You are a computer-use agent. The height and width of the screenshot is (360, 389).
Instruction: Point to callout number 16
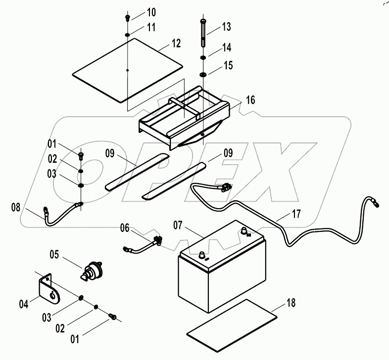[x=250, y=100]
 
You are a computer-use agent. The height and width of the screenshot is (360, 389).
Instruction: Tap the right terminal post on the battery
[x=244, y=231]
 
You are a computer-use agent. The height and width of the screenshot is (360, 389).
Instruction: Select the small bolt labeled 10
[x=128, y=17]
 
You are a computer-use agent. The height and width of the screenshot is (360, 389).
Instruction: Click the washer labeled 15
[x=203, y=75]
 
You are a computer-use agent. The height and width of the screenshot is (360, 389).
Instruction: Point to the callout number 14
[x=226, y=48]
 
